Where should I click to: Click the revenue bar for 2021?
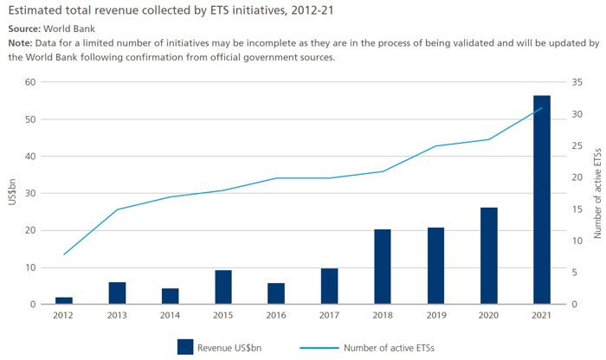542,200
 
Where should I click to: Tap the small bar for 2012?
64,300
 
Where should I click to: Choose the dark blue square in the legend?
184,346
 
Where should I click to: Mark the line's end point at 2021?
542,108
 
